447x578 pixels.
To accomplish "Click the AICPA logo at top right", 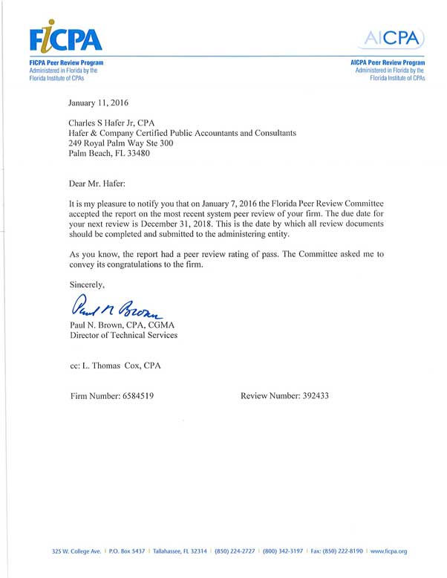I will pos(392,38).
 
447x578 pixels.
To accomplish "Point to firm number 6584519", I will pos(137,396).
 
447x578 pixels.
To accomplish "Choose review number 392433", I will pos(306,396).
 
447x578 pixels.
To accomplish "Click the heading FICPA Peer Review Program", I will pos(61,62).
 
